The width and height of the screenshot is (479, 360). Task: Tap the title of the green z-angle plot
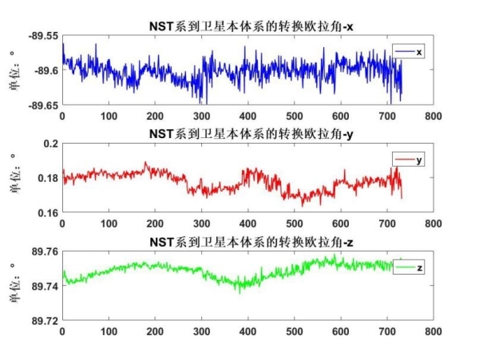[x=247, y=241]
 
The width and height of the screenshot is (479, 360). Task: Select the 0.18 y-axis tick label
[x=49, y=178]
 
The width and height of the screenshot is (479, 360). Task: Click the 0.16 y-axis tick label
[x=49, y=212]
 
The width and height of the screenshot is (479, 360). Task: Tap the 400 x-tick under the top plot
[x=247, y=116]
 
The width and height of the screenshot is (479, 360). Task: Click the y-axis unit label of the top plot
[x=14, y=70]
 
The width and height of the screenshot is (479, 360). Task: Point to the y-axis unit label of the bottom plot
[x=14, y=286]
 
